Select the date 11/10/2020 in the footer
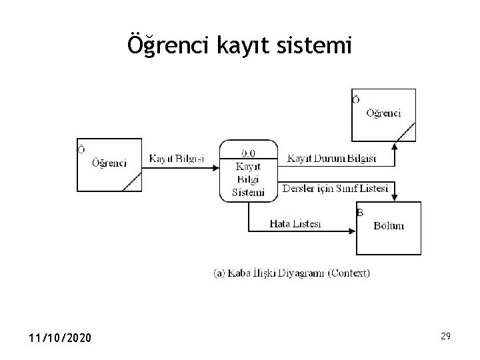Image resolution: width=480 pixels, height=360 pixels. coord(61,339)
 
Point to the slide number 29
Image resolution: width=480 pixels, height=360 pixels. coord(445,337)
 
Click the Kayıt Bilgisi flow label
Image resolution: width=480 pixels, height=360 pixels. coord(176,159)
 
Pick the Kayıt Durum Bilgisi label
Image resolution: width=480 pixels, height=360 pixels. coord(331,159)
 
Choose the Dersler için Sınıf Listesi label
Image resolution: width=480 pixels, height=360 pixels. coord(335,189)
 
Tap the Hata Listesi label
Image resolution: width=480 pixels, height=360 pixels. coord(295,224)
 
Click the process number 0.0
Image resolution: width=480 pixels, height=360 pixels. coord(247,153)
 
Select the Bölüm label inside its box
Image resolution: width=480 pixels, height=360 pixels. coord(389,226)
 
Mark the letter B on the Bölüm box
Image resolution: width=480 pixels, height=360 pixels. coord(360,213)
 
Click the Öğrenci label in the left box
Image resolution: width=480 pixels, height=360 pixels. coord(110,163)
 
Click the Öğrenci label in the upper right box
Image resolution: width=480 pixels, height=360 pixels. coord(383,113)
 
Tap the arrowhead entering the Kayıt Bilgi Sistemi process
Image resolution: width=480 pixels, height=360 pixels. coord(216,167)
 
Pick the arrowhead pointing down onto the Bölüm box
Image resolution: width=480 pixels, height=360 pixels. coord(395,197)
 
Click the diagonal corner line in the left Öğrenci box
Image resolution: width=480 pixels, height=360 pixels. coord(131,181)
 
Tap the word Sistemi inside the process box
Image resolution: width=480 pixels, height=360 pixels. coord(247,193)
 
